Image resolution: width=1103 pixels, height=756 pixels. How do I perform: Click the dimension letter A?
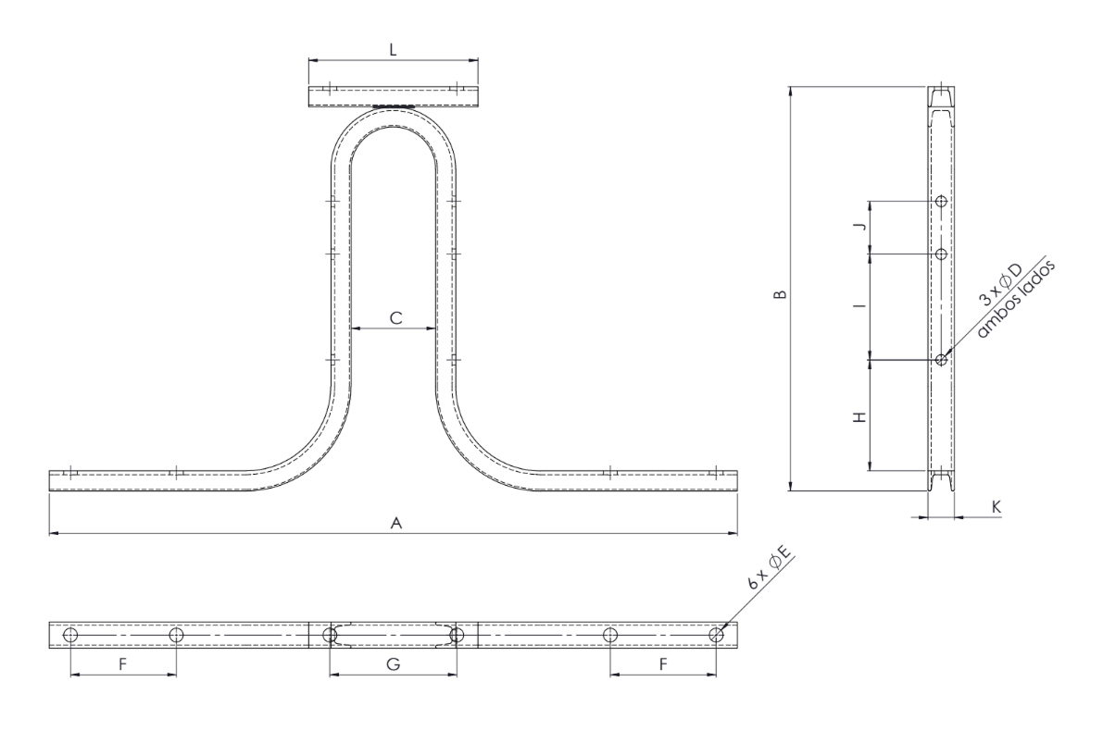click(x=396, y=523)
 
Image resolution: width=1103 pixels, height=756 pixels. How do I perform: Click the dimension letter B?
click(x=780, y=294)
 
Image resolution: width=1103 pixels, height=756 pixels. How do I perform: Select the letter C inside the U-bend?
click(x=396, y=318)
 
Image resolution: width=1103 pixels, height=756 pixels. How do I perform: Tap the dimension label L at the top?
click(x=394, y=49)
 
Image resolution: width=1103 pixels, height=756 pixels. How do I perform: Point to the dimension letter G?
click(x=394, y=664)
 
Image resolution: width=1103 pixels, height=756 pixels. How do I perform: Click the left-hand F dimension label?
click(x=122, y=664)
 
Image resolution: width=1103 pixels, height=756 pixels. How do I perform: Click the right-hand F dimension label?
click(x=663, y=664)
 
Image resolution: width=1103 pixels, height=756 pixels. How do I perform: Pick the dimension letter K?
click(x=996, y=506)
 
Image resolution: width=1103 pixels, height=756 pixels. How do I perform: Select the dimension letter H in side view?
click(x=859, y=417)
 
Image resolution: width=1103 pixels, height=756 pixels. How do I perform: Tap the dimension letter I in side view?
click(x=859, y=306)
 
